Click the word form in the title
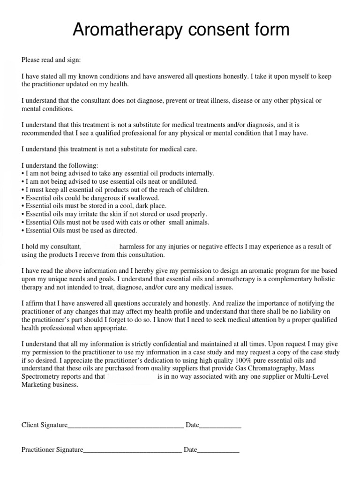pyautogui.click(x=269, y=30)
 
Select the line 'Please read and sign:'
pyautogui.click(x=51, y=60)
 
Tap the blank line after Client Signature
pyautogui.click(x=126, y=426)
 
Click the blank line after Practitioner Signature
pyautogui.click(x=132, y=450)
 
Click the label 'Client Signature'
pyautogui.click(x=45, y=425)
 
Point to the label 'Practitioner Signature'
pyautogui.click(x=52, y=450)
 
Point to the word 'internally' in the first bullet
pyautogui.click(x=199, y=173)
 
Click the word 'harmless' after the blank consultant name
pyautogui.click(x=133, y=247)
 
